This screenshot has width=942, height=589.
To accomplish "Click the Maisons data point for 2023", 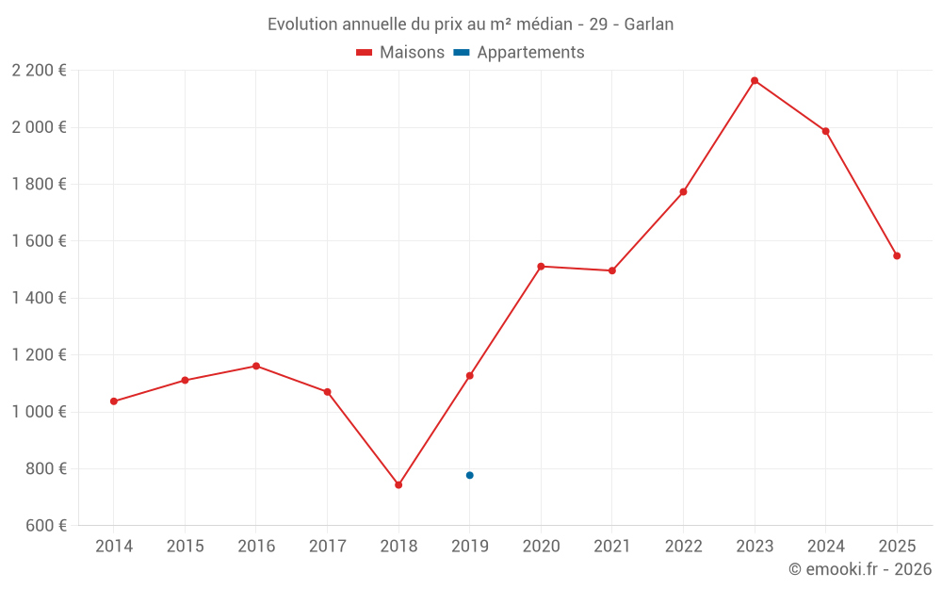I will [x=755, y=81].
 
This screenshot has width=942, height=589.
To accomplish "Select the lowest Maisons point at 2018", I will [x=398, y=485].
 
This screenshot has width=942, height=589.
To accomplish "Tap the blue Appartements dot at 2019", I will [x=469, y=475].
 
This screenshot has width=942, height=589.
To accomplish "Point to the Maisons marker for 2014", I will [x=114, y=401].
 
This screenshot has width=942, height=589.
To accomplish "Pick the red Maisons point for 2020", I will [x=541, y=267].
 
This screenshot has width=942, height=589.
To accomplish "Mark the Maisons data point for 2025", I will [x=897, y=255].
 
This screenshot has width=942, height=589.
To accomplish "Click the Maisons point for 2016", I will [x=256, y=366].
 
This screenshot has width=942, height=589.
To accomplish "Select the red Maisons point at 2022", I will [x=683, y=192].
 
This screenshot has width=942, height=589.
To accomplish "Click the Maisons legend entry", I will [x=400, y=53].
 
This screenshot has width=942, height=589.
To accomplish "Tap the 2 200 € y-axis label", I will [x=39, y=71].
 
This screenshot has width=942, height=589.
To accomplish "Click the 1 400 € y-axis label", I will [x=39, y=298].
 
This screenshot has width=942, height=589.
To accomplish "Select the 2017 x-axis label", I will [x=327, y=547].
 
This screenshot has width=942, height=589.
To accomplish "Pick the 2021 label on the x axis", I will [x=612, y=547].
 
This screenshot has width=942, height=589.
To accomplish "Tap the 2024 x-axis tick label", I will [x=825, y=547].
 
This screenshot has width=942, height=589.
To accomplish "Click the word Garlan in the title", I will [x=649, y=25].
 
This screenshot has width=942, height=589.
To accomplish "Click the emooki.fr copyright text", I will [x=860, y=569].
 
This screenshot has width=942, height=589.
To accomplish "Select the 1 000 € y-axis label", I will [x=39, y=412].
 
